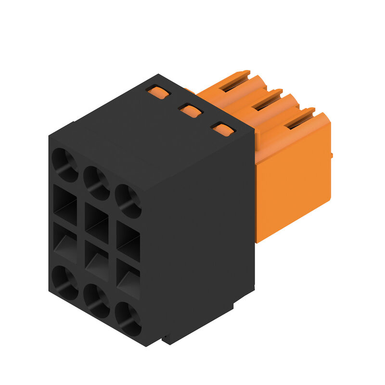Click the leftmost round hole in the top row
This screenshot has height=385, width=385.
point(65,165)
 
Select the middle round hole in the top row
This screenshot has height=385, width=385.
point(97,183)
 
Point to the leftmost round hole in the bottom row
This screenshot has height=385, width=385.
point(65,282)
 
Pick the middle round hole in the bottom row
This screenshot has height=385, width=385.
point(97,301)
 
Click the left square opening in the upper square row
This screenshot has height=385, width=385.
point(65,205)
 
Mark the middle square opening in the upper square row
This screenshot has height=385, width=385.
point(97,222)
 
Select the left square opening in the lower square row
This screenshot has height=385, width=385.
point(65,243)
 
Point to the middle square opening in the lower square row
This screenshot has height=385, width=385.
point(97,261)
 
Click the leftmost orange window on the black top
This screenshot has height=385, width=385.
point(158,91)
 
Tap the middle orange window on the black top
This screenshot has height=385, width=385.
point(191,110)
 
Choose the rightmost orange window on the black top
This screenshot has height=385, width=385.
point(222,128)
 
